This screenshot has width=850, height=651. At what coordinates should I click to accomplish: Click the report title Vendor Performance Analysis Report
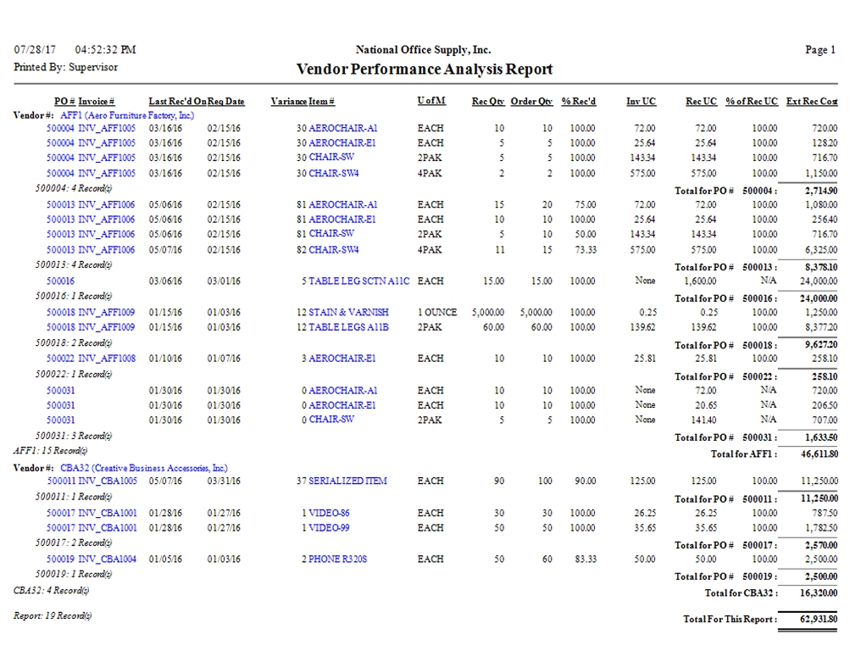424,70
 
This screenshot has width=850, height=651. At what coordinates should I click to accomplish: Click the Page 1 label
820,50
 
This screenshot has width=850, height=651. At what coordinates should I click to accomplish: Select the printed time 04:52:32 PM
105,50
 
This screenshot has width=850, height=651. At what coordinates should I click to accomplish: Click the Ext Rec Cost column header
812,102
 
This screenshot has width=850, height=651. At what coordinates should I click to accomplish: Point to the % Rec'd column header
578,102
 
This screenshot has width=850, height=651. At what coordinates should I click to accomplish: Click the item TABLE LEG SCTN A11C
360,281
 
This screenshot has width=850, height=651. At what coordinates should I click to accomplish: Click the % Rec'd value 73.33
582,250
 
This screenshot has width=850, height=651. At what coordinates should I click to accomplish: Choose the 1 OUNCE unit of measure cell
436,312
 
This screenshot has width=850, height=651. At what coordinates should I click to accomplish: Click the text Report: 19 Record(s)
53,615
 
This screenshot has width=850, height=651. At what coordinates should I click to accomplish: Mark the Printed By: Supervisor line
66,67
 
